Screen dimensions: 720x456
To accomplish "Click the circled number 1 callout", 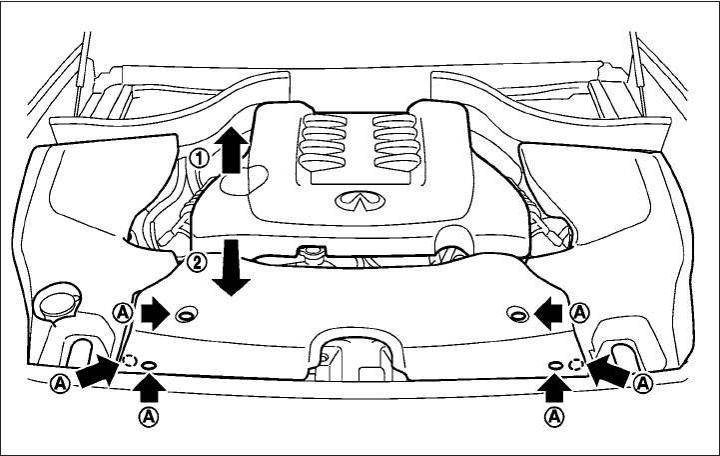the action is click(200, 157).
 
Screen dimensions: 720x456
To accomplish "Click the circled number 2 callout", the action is click(197, 264).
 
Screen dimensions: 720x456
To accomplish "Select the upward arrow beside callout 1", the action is click(230, 150).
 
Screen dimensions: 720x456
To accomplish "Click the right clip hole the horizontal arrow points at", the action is click(516, 316).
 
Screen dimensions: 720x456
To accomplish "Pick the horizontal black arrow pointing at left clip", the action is click(154, 314).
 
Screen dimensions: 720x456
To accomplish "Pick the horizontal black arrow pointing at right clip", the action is click(547, 314).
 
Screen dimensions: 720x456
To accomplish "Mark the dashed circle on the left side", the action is click(128, 361).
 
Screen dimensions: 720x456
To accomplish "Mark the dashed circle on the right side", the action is click(576, 364).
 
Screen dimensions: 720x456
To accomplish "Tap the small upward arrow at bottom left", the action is click(148, 386).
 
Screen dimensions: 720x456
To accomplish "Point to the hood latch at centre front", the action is click(331, 357).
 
